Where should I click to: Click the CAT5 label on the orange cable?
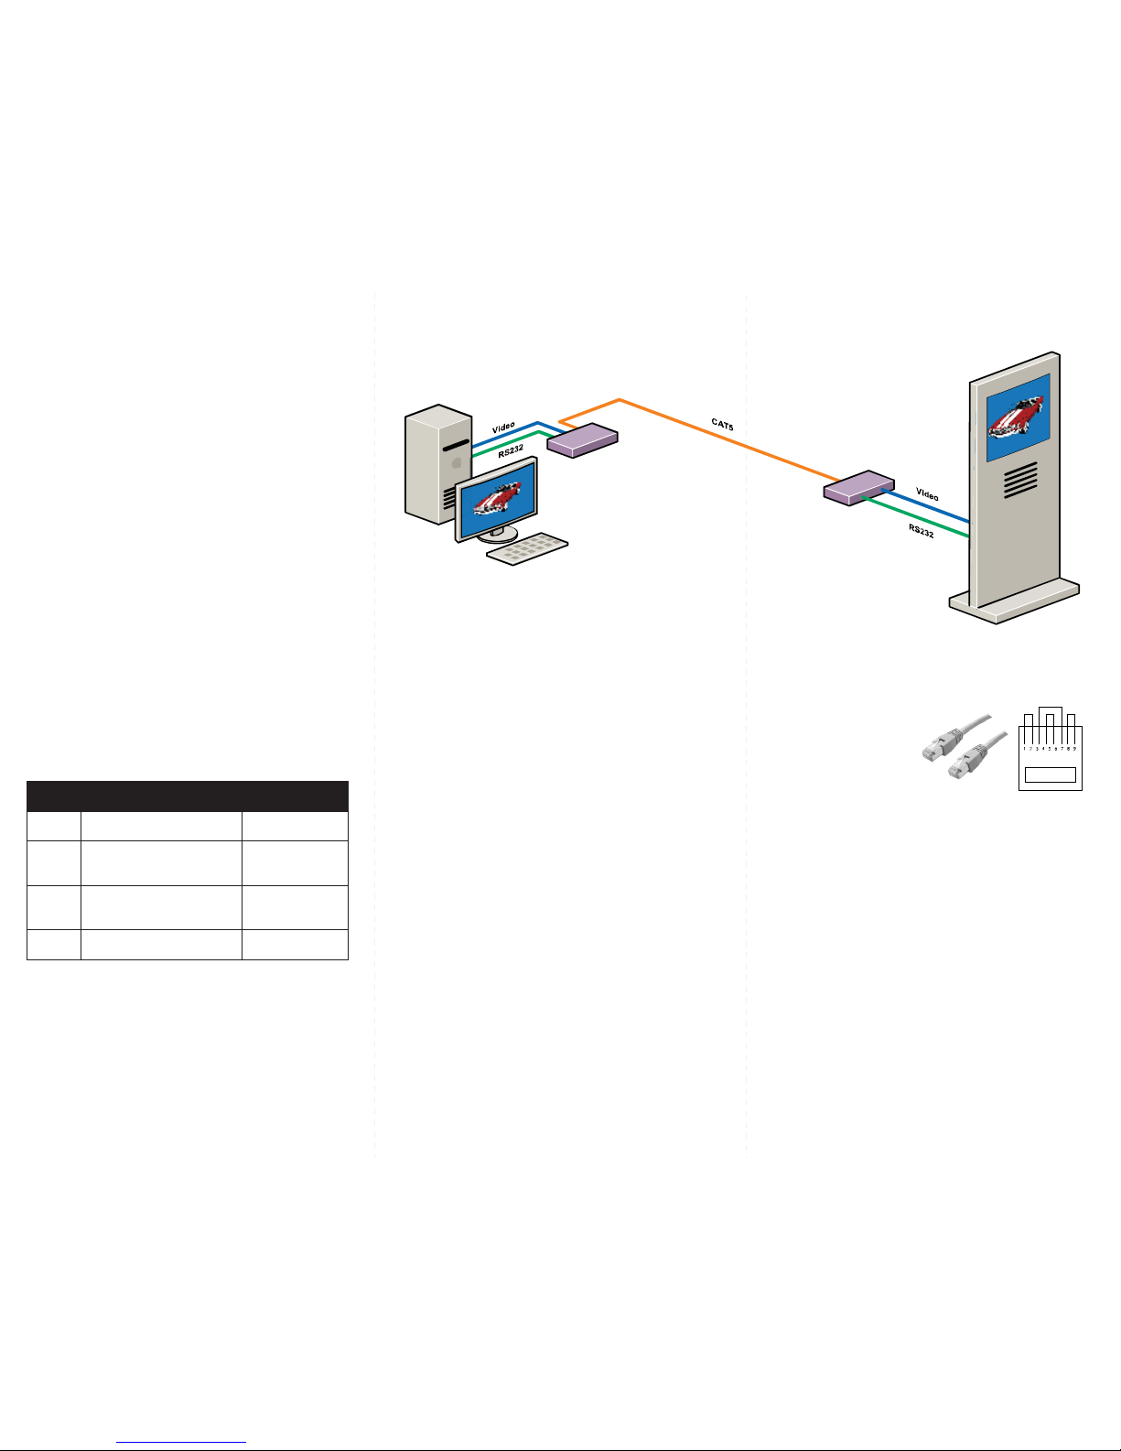pos(723,424)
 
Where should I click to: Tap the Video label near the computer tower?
pos(503,428)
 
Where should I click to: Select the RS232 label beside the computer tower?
pos(511,450)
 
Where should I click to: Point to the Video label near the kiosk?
pos(927,494)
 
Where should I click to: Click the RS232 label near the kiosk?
pos(922,530)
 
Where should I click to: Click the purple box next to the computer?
pos(582,440)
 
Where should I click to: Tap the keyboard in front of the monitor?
pos(526,548)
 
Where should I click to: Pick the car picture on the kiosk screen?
pos(1018,417)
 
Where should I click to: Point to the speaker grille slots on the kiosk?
pos(1020,480)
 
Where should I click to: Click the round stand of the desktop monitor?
pos(497,535)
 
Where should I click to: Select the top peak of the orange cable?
pos(620,400)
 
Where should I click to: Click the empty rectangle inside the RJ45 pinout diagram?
pos(1050,775)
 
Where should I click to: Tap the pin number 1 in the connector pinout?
pos(1025,748)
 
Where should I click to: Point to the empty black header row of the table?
pos(188,796)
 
